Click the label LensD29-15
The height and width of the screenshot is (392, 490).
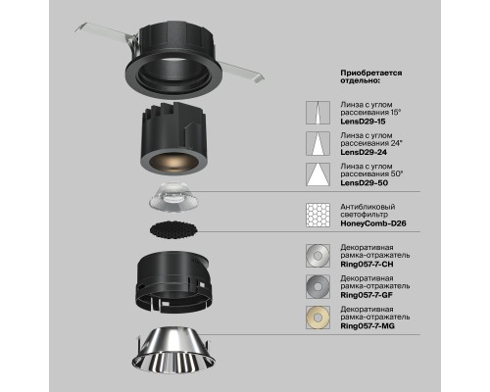364,121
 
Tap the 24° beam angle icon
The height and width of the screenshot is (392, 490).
318,144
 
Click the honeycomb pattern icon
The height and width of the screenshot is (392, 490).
318,214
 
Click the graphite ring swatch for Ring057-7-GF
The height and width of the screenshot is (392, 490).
318,284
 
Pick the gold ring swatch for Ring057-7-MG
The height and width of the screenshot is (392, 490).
318,316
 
